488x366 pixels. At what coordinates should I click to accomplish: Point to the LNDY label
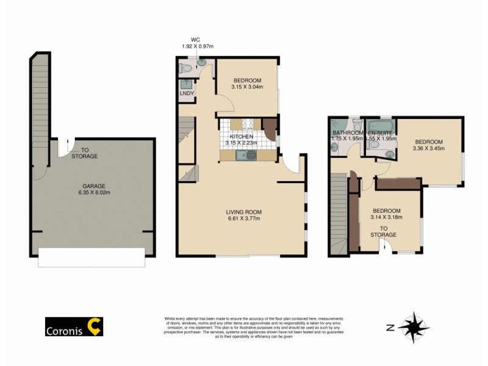click(x=187, y=93)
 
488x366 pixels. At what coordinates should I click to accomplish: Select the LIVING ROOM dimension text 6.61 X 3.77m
click(x=245, y=218)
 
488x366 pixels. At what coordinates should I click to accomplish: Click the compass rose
click(x=414, y=328)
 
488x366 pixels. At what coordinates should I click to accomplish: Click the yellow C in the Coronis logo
click(x=95, y=327)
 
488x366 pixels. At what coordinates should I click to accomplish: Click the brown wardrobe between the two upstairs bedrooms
click(x=397, y=182)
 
